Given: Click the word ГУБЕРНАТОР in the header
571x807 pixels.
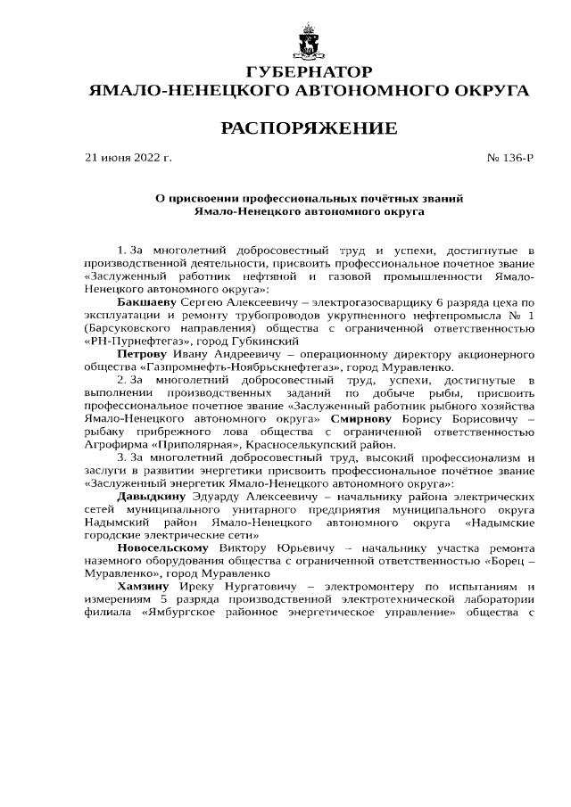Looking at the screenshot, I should (309, 72).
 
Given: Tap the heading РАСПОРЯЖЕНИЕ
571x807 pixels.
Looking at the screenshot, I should (309, 128).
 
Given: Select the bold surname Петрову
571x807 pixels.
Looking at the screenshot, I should (142, 353).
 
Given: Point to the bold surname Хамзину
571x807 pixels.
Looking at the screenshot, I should (145, 587).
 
